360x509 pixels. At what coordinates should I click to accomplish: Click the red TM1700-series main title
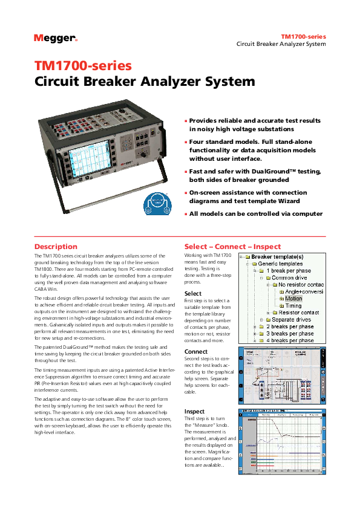click(83, 66)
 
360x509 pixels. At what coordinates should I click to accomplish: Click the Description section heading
click(56, 247)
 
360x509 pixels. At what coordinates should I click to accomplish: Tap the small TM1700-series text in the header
click(303, 37)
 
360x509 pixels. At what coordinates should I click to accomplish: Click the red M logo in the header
click(39, 37)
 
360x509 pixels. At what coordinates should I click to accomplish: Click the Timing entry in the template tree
click(293, 306)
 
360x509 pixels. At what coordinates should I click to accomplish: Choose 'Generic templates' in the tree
click(280, 264)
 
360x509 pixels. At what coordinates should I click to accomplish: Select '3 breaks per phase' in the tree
click(290, 334)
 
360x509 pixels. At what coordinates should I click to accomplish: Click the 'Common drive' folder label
click(289, 277)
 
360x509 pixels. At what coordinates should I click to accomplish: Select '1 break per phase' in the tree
click(290, 271)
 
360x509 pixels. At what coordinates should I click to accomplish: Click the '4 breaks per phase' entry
click(290, 340)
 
